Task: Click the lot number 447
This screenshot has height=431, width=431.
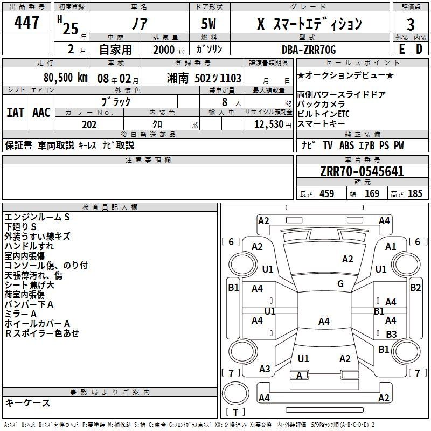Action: (26, 22)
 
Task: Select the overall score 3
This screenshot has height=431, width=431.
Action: (411, 25)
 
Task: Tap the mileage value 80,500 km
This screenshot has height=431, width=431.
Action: (65, 78)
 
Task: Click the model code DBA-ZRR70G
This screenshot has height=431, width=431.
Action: (309, 50)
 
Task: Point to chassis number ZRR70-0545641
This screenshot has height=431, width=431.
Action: (362, 171)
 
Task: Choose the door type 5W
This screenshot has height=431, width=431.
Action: (208, 24)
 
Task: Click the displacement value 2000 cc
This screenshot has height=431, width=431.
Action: (169, 50)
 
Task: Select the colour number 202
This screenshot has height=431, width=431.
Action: (89, 124)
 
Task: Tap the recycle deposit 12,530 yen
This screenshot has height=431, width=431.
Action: (273, 124)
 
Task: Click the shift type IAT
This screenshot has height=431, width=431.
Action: (15, 113)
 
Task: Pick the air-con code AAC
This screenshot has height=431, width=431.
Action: (41, 113)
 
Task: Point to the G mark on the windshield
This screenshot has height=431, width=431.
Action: (340, 284)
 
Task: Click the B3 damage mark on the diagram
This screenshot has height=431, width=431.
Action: (391, 334)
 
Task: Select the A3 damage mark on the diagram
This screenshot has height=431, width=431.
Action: (265, 369)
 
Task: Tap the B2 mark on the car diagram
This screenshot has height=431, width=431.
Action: (415, 288)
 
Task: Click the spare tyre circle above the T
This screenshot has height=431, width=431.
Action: (235, 393)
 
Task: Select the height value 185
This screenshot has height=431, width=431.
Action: (415, 193)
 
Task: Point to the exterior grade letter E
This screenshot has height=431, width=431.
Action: (401, 49)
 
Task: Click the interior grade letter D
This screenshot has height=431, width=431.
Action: (419, 49)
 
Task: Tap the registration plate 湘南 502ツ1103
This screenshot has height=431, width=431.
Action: (204, 78)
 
